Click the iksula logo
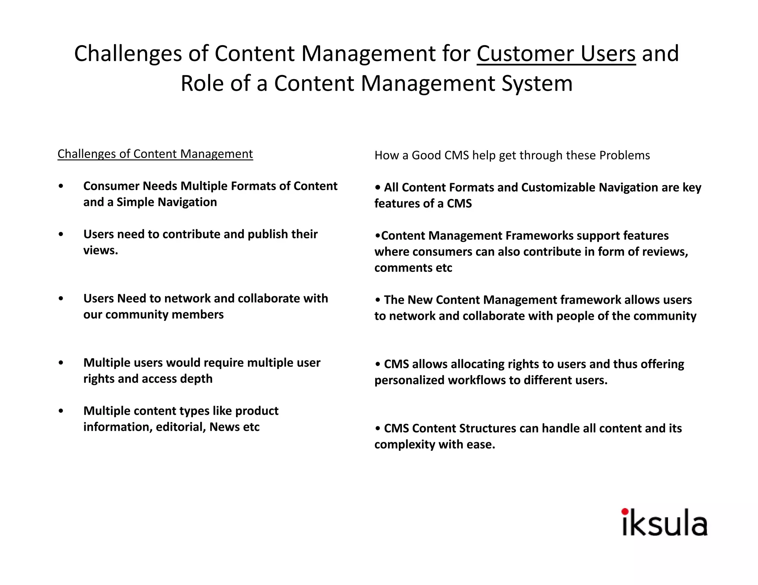[664, 523]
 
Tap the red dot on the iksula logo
[625, 512]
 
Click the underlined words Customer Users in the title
[556, 54]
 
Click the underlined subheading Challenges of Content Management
[155, 154]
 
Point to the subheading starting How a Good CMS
[512, 155]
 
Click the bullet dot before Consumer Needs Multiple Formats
[61, 186]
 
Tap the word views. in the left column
[100, 250]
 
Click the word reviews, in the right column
[665, 252]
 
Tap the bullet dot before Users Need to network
[61, 298]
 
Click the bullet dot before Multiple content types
[61, 411]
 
